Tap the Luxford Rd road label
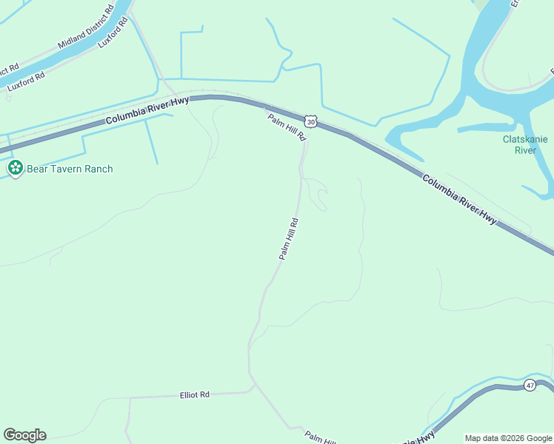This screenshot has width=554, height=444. click(27, 81)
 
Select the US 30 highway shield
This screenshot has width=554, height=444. click(310, 120)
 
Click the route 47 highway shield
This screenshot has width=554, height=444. click(530, 385)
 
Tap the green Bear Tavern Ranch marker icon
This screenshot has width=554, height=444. click(14, 169)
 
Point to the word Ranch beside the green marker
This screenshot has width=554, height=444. click(99, 169)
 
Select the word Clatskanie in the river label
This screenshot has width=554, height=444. click(525, 139)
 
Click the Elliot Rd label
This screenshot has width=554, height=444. click(195, 394)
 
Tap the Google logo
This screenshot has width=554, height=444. click(24, 435)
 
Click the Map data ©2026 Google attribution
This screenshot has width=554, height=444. click(508, 438)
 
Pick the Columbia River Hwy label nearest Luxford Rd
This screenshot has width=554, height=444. click(147, 110)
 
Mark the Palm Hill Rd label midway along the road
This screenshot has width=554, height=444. click(288, 238)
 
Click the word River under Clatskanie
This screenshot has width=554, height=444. click(525, 150)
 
